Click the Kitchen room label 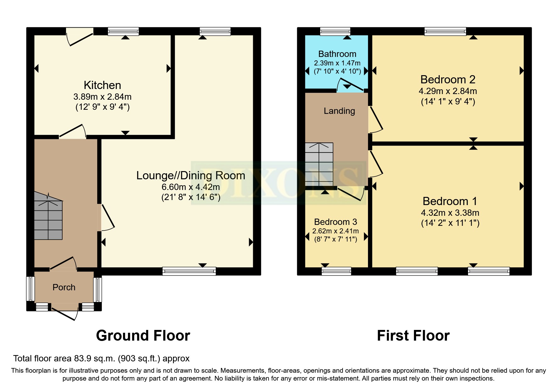pos(102,85)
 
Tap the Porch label pos(64,287)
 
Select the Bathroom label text pos(337,54)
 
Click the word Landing pos(339,111)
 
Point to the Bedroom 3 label pos(336,222)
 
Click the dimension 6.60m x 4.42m pos(191,187)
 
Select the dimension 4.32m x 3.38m pos(450,213)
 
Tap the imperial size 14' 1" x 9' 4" pos(448,102)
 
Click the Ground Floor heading pos(143,336)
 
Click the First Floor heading pos(413,336)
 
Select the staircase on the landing pos(319,164)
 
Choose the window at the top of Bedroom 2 pos(445,31)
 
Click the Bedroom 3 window pos(336,271)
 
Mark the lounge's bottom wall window pos(189,271)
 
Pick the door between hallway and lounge pos(107,217)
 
